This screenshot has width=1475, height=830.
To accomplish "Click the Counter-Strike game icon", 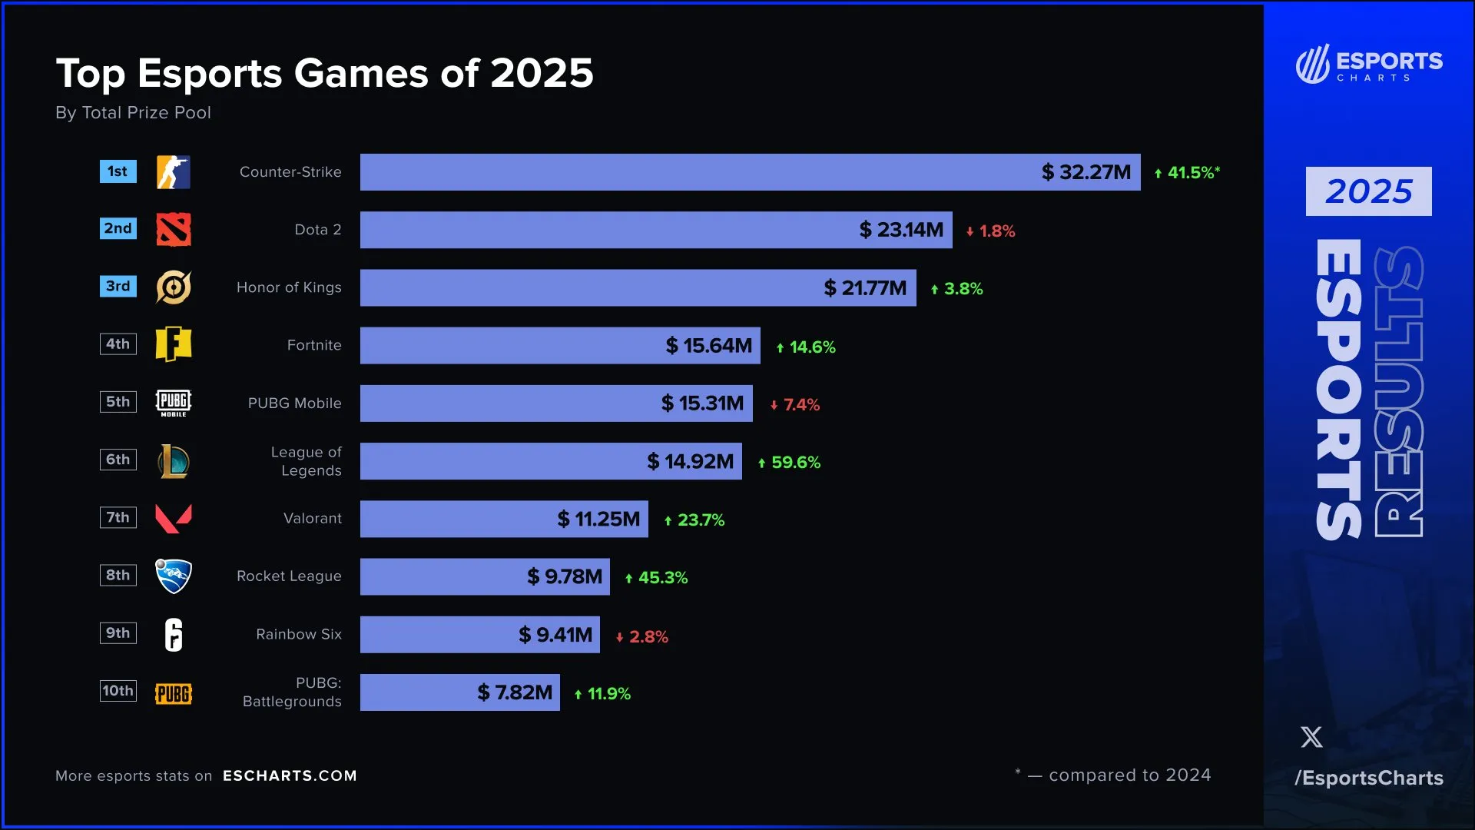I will pyautogui.click(x=174, y=172).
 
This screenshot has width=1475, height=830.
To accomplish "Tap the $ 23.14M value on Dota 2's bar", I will pyautogui.click(x=901, y=230).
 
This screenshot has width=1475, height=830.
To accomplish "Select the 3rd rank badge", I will pyautogui.click(x=118, y=286).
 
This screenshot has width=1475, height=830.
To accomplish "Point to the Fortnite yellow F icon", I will pyautogui.click(x=174, y=344).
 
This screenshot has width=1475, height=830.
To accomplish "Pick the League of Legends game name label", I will pyautogui.click(x=307, y=461).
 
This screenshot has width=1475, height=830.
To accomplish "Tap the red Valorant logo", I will pyautogui.click(x=174, y=519).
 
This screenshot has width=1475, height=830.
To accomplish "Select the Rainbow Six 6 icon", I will pyautogui.click(x=174, y=635).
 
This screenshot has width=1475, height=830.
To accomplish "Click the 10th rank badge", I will pyautogui.click(x=118, y=690).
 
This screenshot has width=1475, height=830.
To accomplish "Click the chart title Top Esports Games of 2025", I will pyautogui.click(x=324, y=74).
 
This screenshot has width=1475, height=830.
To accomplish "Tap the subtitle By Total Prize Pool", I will pyautogui.click(x=133, y=113).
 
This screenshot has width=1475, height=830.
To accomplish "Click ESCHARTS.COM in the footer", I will pyautogui.click(x=290, y=775).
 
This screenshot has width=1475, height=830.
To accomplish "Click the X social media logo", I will pyautogui.click(x=1311, y=737).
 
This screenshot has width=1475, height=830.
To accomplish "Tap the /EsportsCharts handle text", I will pyautogui.click(x=1369, y=778).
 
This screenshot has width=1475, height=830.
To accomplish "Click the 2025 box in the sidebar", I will pyautogui.click(x=1368, y=191).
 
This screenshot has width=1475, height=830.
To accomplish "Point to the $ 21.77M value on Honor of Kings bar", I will pyautogui.click(x=865, y=288).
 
